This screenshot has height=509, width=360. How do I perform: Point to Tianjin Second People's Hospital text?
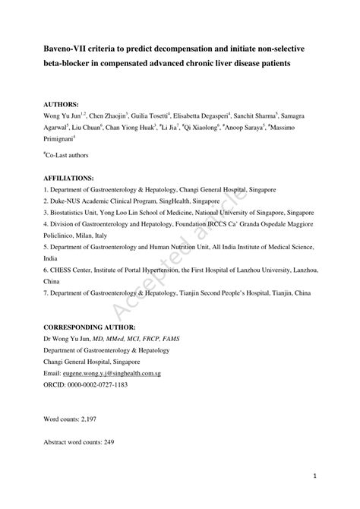pyautogui.click(x=230, y=292)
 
